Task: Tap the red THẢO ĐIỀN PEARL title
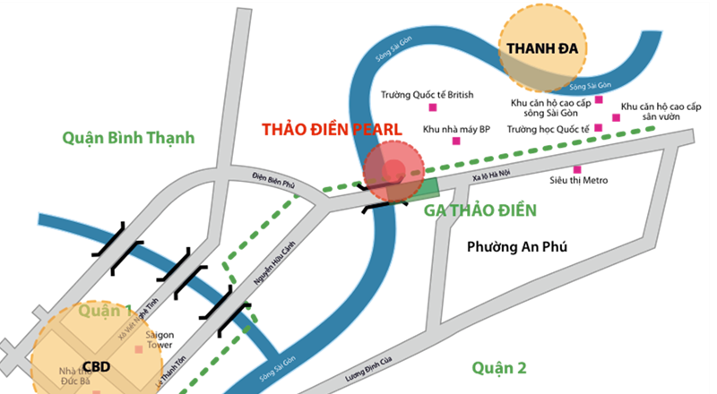[332, 129]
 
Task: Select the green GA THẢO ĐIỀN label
[480, 211]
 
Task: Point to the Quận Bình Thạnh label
[128, 139]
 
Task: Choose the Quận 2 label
[498, 367]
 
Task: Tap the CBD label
[97, 365]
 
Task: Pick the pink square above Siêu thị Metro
[577, 169]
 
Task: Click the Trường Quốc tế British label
[427, 94]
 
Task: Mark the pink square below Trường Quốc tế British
[433, 108]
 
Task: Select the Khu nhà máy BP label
[456, 129]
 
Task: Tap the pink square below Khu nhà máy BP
[456, 141]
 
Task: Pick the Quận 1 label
[104, 311]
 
